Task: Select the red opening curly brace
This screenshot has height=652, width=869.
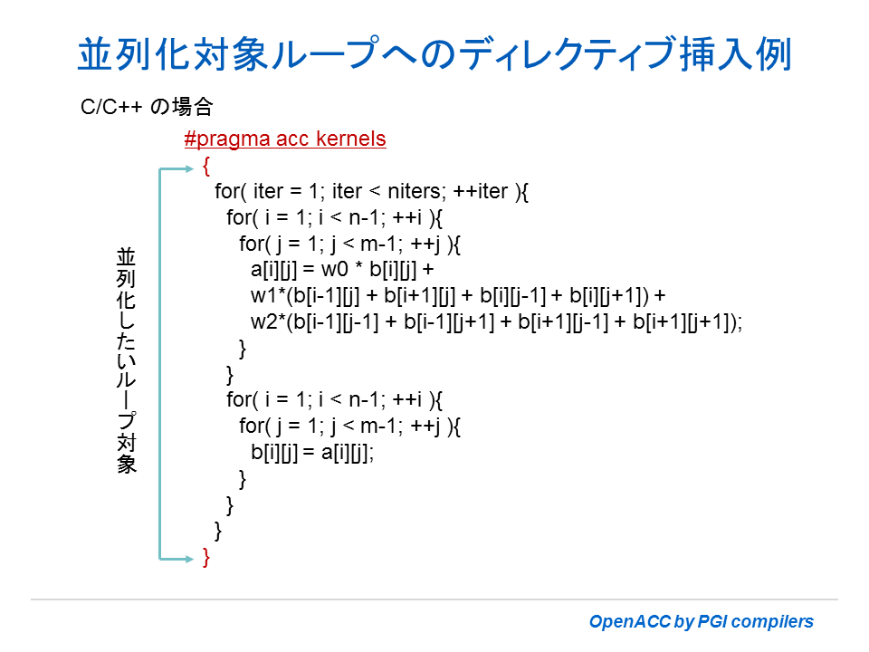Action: pos(206,166)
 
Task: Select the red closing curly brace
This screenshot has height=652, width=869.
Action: pos(206,557)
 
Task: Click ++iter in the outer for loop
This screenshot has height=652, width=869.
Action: pos(480,191)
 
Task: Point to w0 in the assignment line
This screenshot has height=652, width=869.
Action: pos(334,270)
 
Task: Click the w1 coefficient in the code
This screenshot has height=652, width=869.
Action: pos(263,295)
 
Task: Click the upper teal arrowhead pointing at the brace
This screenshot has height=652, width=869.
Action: pos(189,168)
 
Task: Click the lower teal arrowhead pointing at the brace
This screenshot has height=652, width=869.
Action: pos(189,559)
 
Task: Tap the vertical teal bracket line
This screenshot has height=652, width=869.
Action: pos(159,364)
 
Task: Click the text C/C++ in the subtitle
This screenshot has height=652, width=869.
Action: pos(110,107)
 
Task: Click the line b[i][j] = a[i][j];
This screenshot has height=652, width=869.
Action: pos(312,453)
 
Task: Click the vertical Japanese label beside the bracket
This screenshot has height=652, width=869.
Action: pos(126,361)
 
